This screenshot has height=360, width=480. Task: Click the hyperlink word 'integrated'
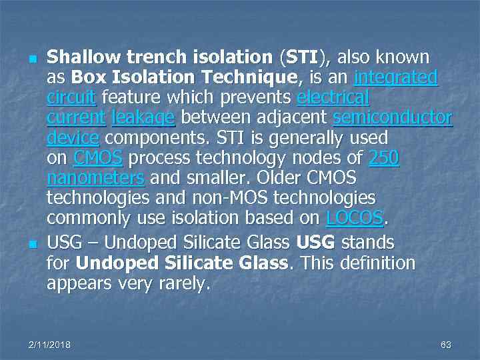[396, 77]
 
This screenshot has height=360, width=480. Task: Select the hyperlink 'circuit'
[72, 98]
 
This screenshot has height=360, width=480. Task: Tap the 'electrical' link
[333, 98]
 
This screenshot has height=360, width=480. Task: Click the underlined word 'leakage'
[143, 119]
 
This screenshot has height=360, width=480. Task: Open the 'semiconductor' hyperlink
[393, 119]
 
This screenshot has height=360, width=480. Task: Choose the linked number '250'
[384, 159]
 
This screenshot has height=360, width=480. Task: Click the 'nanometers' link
[96, 179]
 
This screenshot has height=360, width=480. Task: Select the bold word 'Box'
[86, 77]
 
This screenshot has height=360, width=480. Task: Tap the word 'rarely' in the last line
[185, 285]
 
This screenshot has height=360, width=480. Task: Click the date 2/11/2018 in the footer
[49, 345]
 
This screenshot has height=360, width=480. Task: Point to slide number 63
[446, 345]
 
